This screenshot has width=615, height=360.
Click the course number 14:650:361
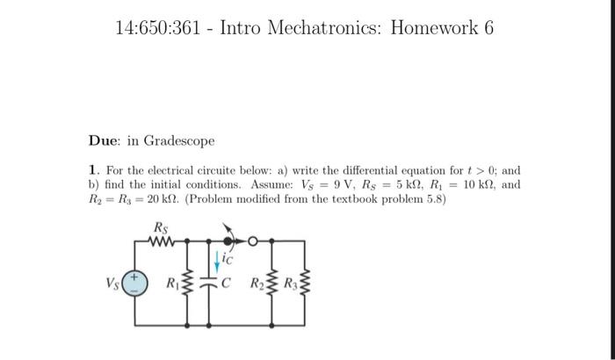(x=163, y=28)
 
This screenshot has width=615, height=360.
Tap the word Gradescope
(x=179, y=140)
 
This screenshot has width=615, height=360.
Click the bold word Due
(x=104, y=140)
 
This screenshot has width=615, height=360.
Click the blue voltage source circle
(x=134, y=283)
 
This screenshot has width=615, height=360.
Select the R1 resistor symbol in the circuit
(x=184, y=284)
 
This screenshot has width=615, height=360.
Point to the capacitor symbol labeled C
(x=213, y=283)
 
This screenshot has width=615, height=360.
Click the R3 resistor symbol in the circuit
(x=305, y=284)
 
